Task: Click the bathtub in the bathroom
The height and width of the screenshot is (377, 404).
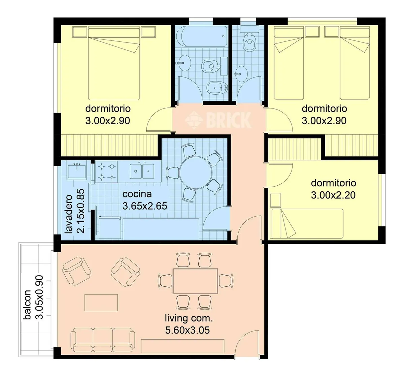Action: pos(201,36)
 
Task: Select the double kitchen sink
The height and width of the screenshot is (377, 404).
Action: pos(142,171)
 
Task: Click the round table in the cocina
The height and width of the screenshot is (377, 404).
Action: pos(196,173)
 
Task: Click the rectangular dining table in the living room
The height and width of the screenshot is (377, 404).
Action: pos(195,281)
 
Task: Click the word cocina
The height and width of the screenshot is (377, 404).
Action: pos(137,194)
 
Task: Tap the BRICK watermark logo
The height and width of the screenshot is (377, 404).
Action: pos(218,120)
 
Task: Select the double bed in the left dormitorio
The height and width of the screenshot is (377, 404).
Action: pos(114,64)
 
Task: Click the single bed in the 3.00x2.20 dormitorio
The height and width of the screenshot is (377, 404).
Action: pos(307,223)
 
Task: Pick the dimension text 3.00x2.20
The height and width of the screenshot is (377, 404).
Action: pos(333,195)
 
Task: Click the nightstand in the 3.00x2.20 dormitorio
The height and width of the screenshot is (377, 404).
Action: pos(275,200)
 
